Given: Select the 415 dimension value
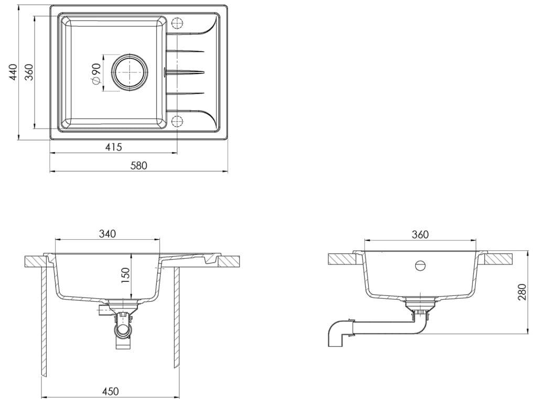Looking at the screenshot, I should (113, 147).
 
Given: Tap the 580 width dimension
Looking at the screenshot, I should (139, 166).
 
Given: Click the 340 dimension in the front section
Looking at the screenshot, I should (107, 234).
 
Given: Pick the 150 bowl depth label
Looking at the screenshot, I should (125, 275).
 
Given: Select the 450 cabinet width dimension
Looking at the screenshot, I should (110, 391).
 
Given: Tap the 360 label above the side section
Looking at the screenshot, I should (421, 234).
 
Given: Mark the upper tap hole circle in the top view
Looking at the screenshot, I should (176, 24).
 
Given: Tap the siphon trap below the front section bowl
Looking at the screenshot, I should (123, 330).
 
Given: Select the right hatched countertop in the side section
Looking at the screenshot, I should (499, 258).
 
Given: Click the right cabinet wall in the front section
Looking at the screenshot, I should (177, 315).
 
